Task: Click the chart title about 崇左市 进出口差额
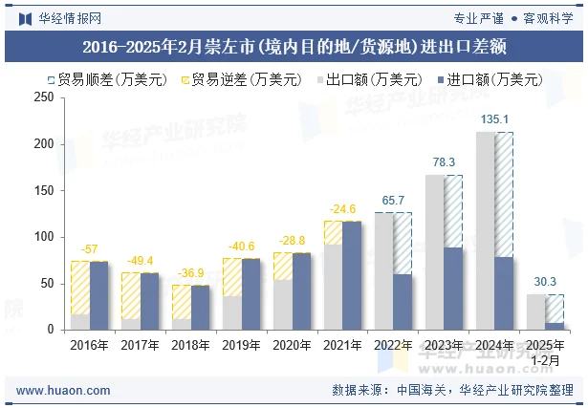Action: pyautogui.click(x=294, y=46)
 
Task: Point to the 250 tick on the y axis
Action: pyautogui.click(x=44, y=97)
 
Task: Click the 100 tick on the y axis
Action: pyautogui.click(x=44, y=237)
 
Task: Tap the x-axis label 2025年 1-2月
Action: pyautogui.click(x=545, y=351)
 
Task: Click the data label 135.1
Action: pyautogui.click(x=494, y=119)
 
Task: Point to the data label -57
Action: pyautogui.click(x=89, y=248)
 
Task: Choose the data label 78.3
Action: pyautogui.click(x=444, y=162)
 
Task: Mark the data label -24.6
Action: pyautogui.click(x=342, y=208)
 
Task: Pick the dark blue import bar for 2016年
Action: pyautogui.click(x=98, y=295)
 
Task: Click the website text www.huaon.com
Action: pyautogui.click(x=63, y=390)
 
